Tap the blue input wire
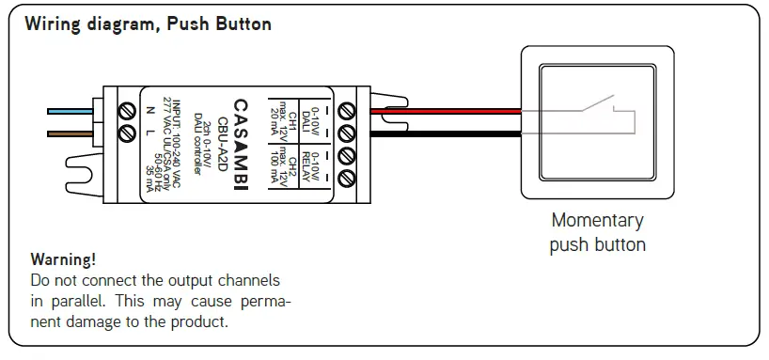[x=70, y=111]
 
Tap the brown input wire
[x=70, y=133]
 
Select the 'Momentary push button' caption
[x=598, y=232]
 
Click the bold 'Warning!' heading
[x=63, y=258]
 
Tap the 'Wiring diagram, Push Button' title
[x=148, y=24]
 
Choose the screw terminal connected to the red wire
[x=347, y=110]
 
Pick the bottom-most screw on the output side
[x=347, y=177]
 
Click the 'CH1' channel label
[x=292, y=120]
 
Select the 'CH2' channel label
[x=292, y=156]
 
